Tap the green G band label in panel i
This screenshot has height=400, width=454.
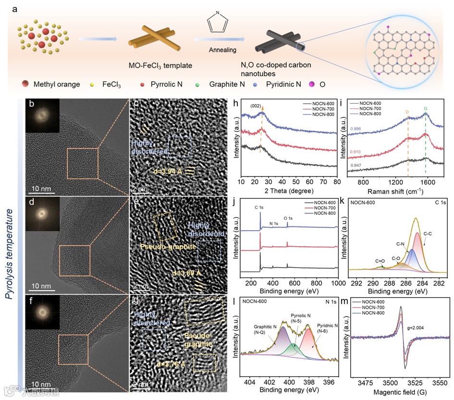[x=425, y=109]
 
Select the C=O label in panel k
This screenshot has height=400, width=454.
[x=380, y=261]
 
